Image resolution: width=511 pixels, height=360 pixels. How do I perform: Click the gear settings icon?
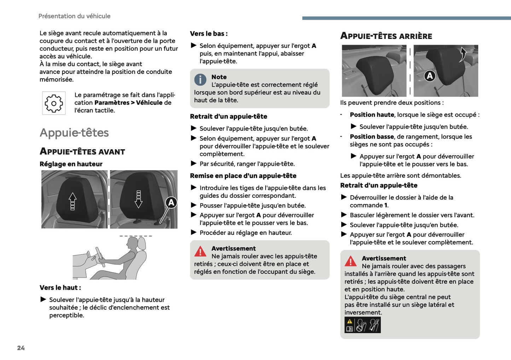click(54, 103)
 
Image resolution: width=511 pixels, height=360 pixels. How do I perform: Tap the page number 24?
click(21, 348)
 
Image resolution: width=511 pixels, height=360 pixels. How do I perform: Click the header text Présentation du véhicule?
click(74, 16)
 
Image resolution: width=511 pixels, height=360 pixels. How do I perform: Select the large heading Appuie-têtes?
click(74, 133)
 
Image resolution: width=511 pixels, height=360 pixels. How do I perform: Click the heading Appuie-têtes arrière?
click(386, 36)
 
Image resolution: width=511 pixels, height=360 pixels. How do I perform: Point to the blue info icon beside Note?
click(200, 80)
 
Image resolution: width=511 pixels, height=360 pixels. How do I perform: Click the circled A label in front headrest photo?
click(171, 203)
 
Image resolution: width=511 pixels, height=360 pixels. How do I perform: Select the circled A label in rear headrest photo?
click(430, 76)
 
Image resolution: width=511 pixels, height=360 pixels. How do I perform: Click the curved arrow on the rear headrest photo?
click(463, 54)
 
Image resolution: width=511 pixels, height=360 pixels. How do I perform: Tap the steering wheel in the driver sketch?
click(100, 257)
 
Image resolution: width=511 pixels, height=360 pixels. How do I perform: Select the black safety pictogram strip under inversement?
click(362, 325)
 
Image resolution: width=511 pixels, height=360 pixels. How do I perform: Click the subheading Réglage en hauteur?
click(71, 164)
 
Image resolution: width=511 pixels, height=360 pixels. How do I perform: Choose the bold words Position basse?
click(372, 137)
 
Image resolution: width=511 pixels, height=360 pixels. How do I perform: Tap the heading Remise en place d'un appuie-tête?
click(243, 176)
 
